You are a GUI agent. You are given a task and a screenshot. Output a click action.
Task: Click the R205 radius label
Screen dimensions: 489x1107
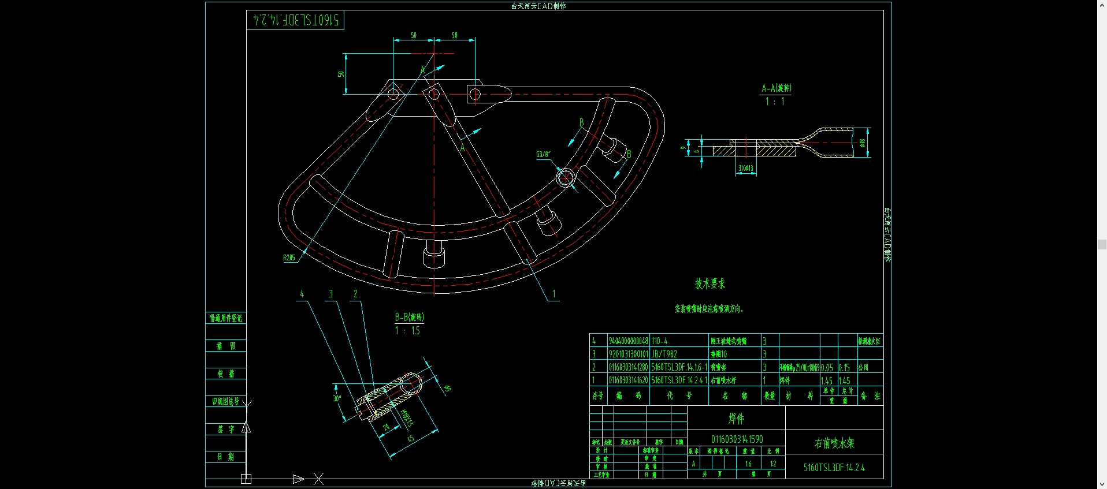point(289,257)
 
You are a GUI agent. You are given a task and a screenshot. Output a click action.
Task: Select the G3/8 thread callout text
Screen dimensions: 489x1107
point(543,154)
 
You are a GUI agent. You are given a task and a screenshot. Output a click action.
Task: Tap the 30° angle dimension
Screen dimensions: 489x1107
point(337,398)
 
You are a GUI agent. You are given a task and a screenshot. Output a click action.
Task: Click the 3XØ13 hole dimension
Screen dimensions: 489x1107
point(746,169)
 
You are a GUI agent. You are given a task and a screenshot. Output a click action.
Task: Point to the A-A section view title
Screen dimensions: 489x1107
point(776,88)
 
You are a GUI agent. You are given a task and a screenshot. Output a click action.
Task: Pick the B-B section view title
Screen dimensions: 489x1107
point(409,317)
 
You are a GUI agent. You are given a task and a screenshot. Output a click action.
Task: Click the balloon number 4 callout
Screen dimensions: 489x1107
point(302,294)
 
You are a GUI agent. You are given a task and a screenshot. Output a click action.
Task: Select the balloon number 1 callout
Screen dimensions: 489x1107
point(553,294)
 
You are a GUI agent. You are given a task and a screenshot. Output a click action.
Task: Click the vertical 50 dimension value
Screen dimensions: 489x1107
point(341,74)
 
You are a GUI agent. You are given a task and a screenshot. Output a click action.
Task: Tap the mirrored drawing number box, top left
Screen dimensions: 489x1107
point(295,20)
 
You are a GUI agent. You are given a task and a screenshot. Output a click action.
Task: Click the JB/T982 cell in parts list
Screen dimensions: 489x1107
point(664,354)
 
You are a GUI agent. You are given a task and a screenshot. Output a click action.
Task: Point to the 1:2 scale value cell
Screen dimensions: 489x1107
point(772,464)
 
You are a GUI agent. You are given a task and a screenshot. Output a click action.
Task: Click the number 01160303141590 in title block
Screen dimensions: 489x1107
point(737,439)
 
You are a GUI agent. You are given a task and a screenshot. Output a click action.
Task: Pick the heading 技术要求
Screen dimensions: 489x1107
point(709,283)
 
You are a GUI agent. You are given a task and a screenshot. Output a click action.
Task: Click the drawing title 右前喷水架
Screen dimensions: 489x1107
point(834,443)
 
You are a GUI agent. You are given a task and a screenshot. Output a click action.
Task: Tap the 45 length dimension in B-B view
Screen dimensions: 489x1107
point(411,439)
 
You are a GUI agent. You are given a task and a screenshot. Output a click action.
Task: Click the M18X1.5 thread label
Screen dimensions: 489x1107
point(407,418)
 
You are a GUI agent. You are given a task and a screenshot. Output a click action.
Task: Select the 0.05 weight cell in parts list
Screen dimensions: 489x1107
point(827,367)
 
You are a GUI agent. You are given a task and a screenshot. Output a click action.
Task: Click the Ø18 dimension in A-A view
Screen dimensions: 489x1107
point(862,142)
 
